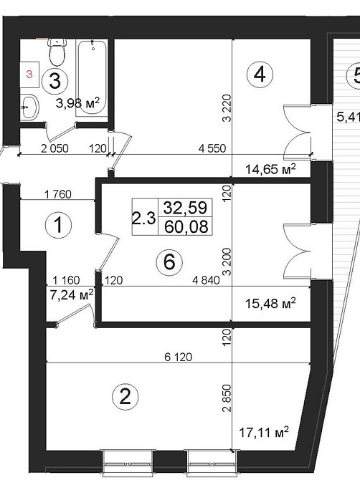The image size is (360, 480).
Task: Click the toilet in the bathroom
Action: (57, 52)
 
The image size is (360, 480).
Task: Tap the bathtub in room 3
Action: (92, 77)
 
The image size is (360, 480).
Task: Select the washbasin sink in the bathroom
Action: (29, 107)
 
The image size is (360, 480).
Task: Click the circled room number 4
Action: (260, 75)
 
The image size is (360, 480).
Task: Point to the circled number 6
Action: (169, 262)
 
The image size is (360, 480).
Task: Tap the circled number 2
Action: (125, 397)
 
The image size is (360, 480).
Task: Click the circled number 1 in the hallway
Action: (58, 225)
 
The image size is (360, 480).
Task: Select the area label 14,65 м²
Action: (270, 168)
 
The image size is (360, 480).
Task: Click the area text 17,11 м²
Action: (263, 432)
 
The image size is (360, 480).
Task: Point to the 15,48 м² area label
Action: (270, 303)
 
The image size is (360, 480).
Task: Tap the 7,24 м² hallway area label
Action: (72, 295)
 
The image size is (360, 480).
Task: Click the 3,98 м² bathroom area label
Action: (78, 103)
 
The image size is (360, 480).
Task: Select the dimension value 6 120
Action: (178, 357)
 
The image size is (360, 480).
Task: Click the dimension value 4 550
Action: (212, 149)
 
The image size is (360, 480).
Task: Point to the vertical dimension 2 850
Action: (227, 398)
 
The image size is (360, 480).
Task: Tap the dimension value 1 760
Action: (57, 194)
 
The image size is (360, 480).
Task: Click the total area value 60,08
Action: (186, 227)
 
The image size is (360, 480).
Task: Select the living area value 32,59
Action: (185, 208)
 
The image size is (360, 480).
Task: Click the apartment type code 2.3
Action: (144, 219)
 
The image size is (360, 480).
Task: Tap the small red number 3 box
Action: (29, 75)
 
